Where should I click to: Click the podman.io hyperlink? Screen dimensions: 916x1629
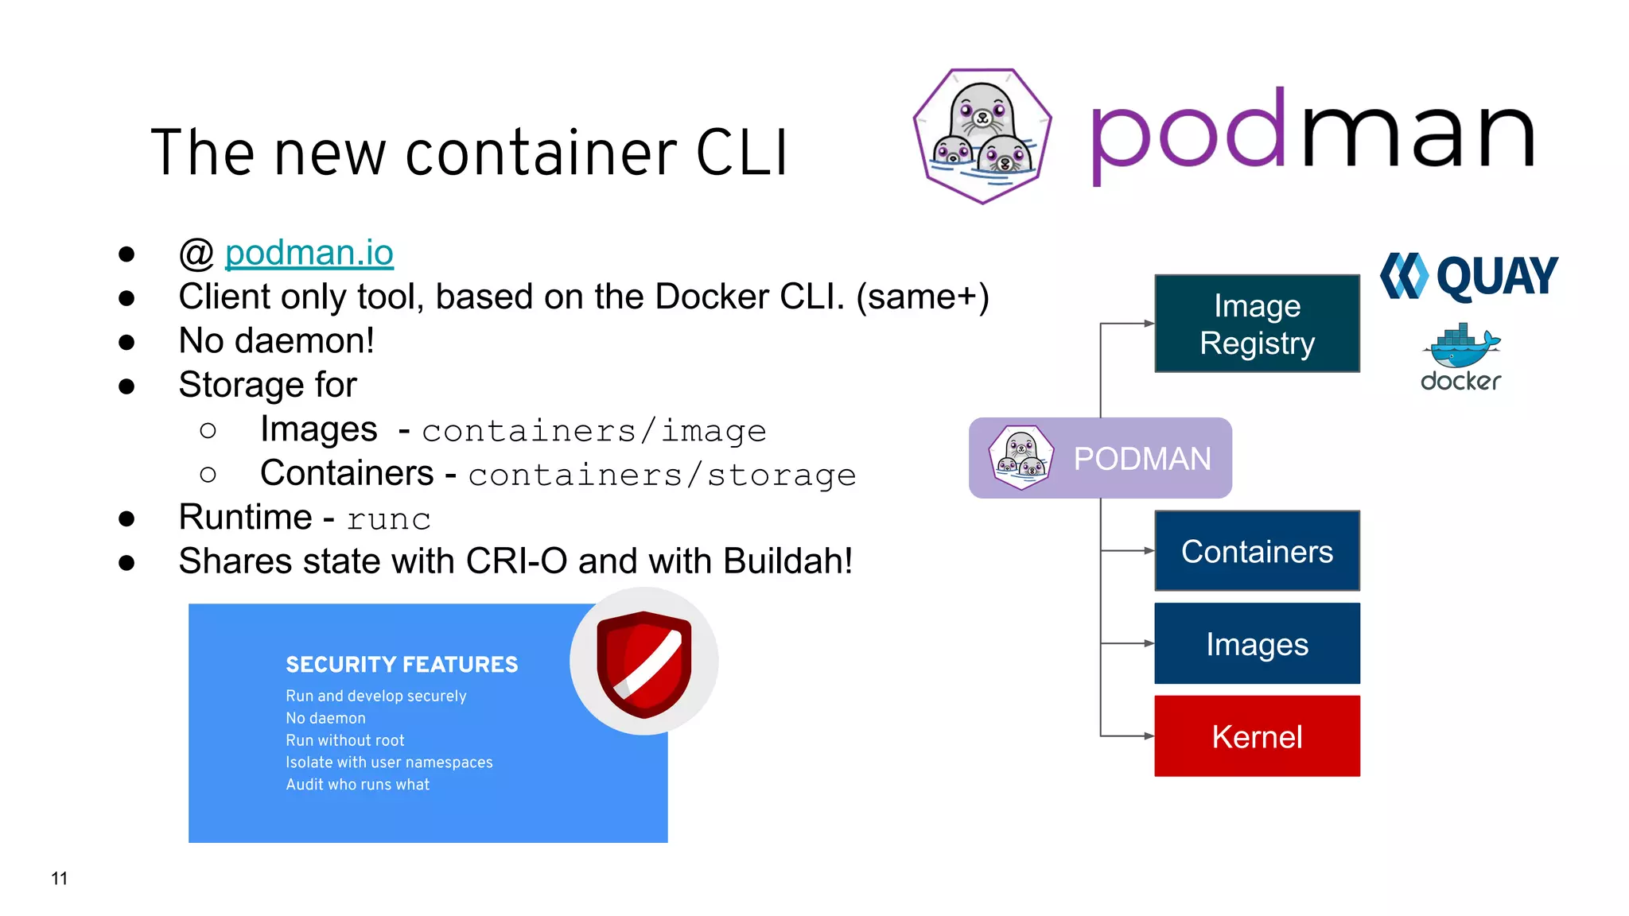tap(309, 253)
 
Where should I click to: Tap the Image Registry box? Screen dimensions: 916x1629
tap(1257, 324)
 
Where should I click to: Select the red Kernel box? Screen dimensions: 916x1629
tap(1257, 736)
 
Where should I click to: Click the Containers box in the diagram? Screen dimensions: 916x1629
tap(1257, 551)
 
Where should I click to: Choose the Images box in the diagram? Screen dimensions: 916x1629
tap(1257, 643)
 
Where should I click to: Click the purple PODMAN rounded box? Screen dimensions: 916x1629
tap(1100, 458)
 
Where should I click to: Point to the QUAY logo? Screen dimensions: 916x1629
tap(1469, 277)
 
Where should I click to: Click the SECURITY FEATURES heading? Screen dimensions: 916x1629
tap(402, 665)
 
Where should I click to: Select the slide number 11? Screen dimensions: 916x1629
tap(60, 879)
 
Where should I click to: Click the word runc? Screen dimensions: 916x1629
tap(388, 519)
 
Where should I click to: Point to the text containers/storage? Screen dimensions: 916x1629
tap(662, 475)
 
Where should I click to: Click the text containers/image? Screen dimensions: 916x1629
tap(593, 431)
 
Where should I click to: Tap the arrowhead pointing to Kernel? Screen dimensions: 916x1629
tap(1149, 736)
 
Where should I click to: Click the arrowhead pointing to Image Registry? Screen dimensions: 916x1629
tap(1149, 324)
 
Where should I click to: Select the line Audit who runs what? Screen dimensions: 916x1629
tap(357, 785)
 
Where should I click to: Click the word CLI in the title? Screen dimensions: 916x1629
tap(741, 153)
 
